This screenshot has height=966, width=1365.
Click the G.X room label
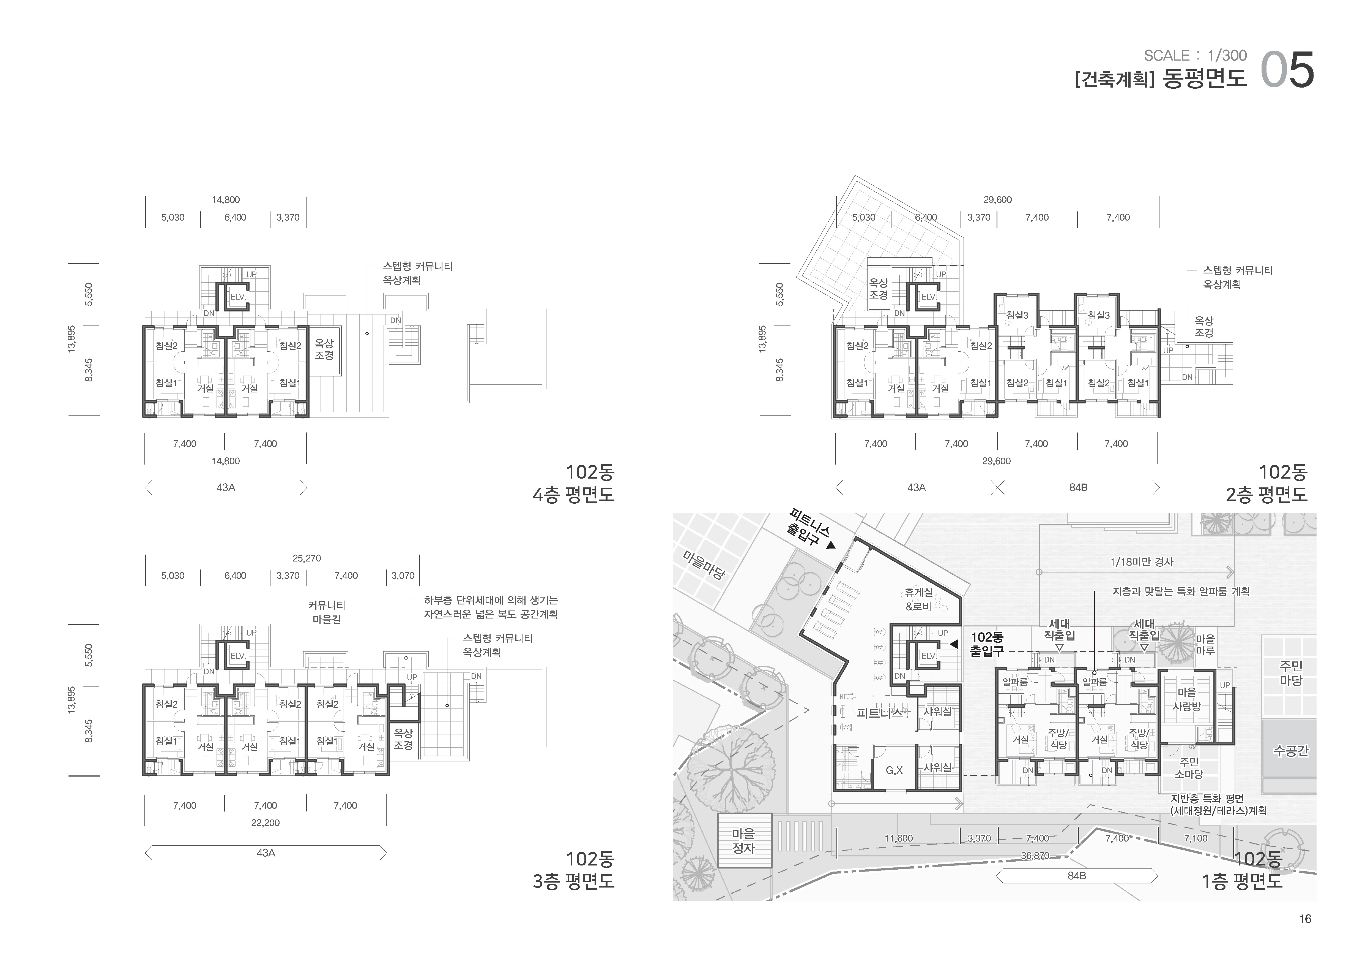[x=894, y=770]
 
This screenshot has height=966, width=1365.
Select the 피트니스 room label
[x=880, y=712]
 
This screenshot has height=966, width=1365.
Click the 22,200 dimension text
[x=265, y=823]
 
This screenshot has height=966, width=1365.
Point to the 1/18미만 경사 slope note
[x=1142, y=561]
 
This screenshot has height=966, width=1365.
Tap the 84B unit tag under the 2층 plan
[x=1078, y=488]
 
